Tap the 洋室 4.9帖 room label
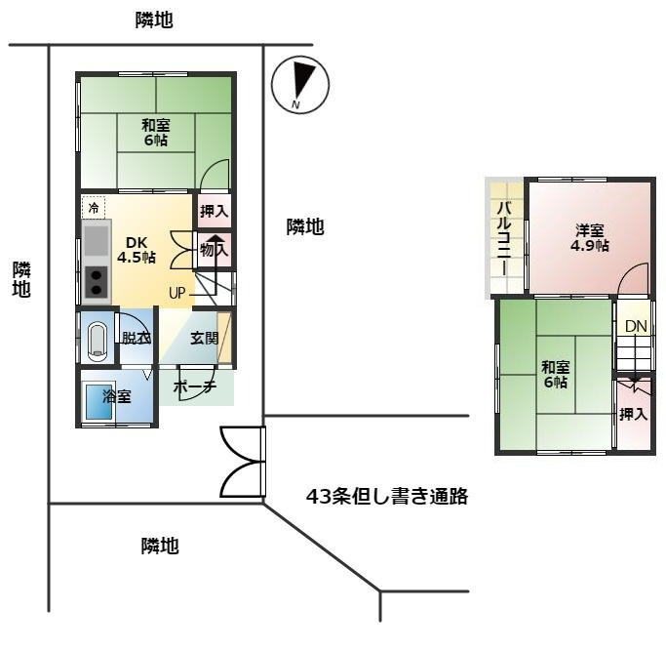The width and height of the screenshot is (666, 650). click(x=590, y=238)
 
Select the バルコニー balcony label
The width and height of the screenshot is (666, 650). click(x=504, y=238)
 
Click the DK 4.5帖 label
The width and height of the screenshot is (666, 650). click(x=137, y=250)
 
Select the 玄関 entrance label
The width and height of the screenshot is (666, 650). click(x=204, y=339)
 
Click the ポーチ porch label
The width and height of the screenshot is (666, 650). click(x=195, y=387)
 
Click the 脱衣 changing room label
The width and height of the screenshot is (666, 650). click(x=136, y=339)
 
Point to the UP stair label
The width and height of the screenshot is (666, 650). click(x=176, y=292)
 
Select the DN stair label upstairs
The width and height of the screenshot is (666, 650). click(x=636, y=326)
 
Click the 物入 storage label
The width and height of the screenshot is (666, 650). click(x=214, y=250)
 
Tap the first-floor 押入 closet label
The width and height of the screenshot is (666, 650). click(x=214, y=211)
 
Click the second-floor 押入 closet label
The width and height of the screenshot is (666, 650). click(x=633, y=414)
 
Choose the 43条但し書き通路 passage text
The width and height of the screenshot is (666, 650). click(x=387, y=497)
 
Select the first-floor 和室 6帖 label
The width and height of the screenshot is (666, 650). click(x=154, y=132)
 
